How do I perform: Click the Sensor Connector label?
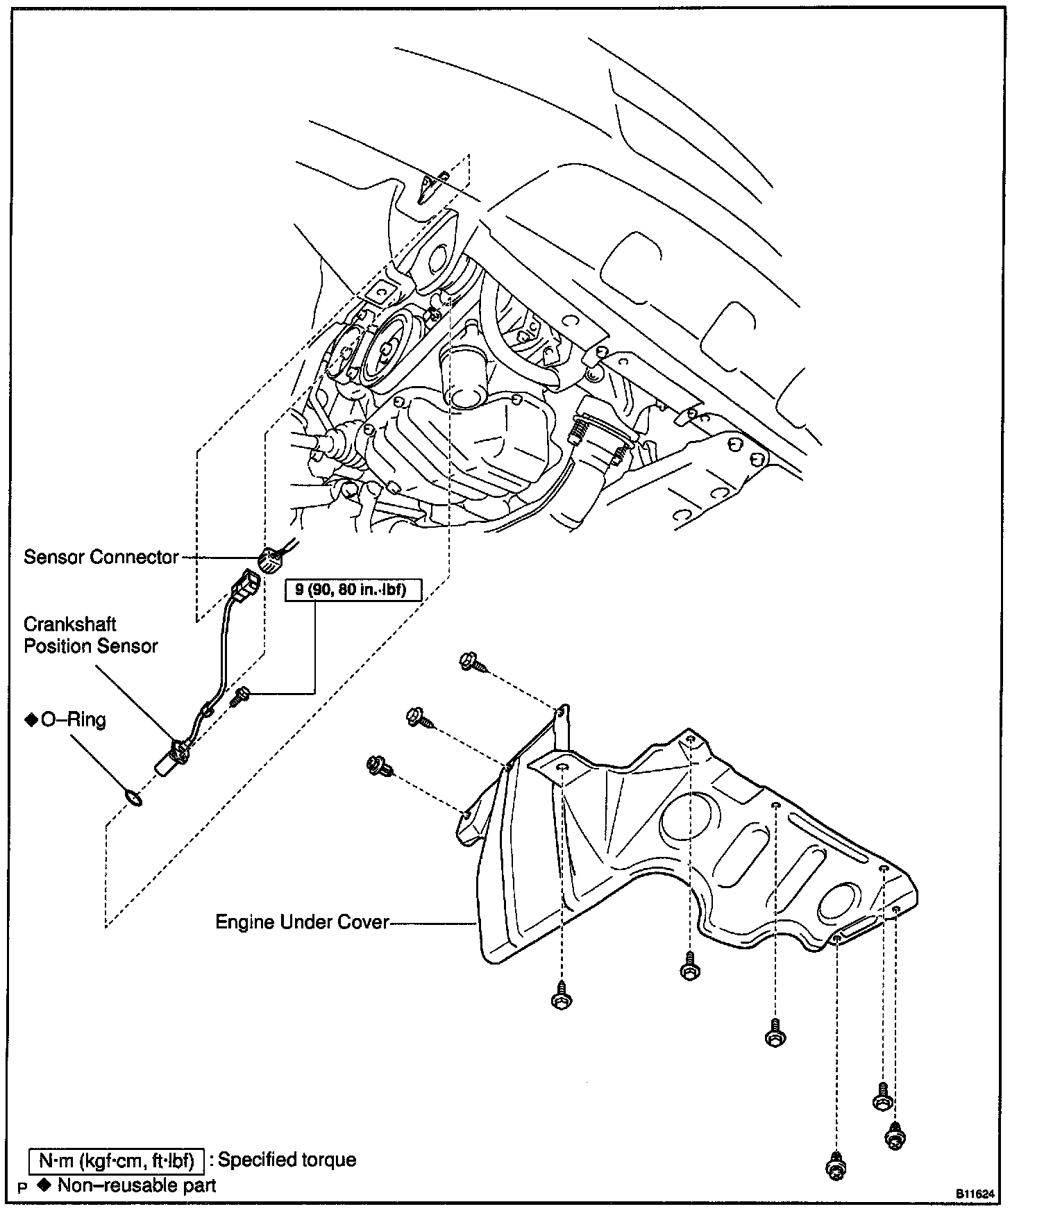click(x=101, y=557)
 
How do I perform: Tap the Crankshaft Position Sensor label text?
click(x=90, y=635)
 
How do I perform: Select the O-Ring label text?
click(x=73, y=719)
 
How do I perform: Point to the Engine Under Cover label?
click(x=302, y=922)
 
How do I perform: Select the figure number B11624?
click(x=975, y=1194)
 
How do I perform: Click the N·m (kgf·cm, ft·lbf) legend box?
click(x=116, y=1160)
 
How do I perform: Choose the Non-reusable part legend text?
click(x=137, y=1185)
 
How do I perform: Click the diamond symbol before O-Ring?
click(x=31, y=720)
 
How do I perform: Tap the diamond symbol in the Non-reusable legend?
click(x=47, y=1185)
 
